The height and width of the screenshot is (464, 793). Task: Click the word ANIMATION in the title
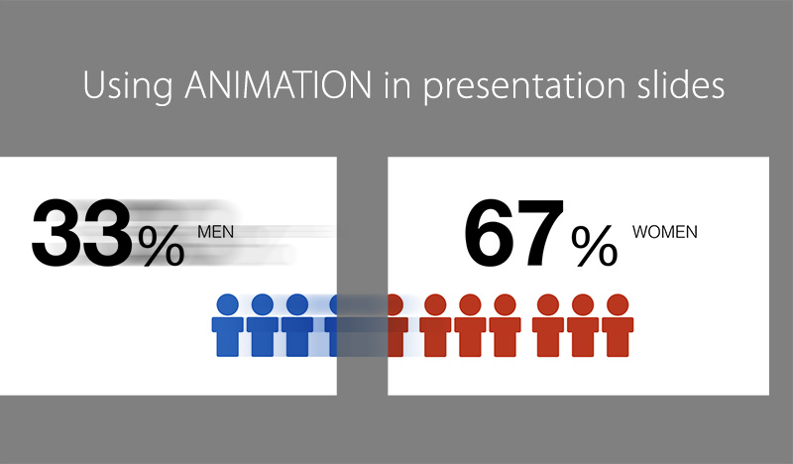coord(279,84)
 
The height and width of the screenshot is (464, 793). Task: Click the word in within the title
coord(397,85)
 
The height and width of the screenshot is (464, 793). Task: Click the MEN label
coord(215,232)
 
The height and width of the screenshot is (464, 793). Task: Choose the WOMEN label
coord(664,232)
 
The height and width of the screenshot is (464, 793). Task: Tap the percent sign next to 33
coord(162,246)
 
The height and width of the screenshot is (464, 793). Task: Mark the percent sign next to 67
coord(594,246)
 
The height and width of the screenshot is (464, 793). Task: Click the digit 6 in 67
coord(489,233)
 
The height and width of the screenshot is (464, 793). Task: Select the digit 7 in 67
coord(540,234)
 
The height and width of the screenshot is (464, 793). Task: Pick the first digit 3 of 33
coord(57,233)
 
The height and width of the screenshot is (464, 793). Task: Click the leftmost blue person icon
coord(228,326)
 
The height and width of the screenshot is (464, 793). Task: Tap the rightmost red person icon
coord(618,326)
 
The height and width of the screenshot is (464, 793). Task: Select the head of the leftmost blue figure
coord(228,304)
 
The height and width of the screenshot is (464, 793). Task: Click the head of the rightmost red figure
coord(618,304)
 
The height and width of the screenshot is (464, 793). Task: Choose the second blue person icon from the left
coord(262,326)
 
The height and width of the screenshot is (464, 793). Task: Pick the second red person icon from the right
coord(583,326)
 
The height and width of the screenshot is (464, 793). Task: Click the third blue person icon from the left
coord(296,326)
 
